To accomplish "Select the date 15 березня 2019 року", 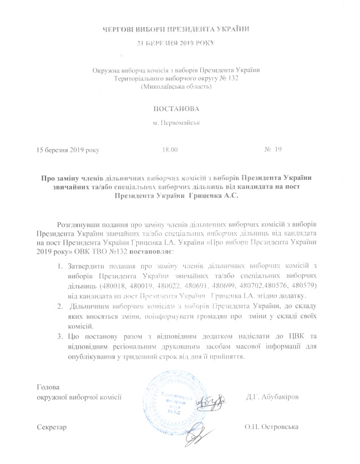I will pos(68,151).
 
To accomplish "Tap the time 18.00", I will pos(169,151).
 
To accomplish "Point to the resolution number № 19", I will pos(272,150).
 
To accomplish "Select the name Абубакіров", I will pos(281,398).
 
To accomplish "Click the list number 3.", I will pos(58,336).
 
